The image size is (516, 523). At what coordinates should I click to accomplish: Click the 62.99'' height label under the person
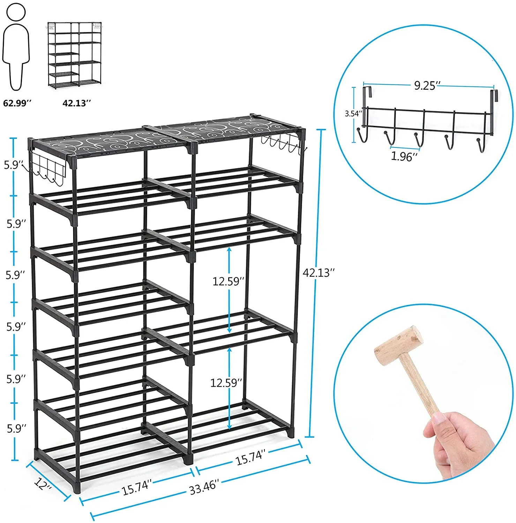pyautogui.click(x=17, y=103)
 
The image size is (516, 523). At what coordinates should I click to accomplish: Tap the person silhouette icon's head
pyautogui.click(x=16, y=12)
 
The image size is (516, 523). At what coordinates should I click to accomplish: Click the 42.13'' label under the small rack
pyautogui.click(x=77, y=103)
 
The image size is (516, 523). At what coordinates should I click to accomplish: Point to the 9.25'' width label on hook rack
pyautogui.click(x=427, y=85)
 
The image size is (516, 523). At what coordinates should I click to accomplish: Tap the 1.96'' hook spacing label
pyautogui.click(x=404, y=157)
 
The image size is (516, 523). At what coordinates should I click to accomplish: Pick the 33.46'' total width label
pyautogui.click(x=204, y=487)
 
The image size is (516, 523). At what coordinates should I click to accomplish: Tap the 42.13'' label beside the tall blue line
pyautogui.click(x=319, y=273)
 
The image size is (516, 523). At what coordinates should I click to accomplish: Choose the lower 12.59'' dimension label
pyautogui.click(x=226, y=383)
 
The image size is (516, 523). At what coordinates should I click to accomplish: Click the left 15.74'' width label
pyautogui.click(x=137, y=487)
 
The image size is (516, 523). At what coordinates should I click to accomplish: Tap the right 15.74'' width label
pyautogui.click(x=251, y=457)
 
